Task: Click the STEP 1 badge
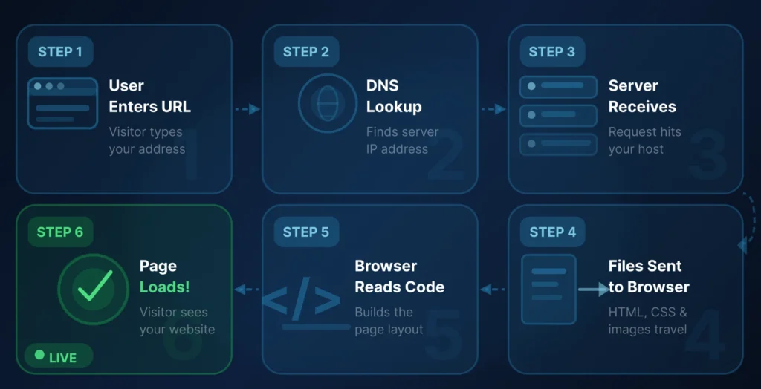click(61, 52)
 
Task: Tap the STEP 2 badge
click(306, 52)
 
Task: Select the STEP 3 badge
click(551, 52)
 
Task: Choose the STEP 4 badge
click(552, 232)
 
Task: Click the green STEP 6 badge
click(60, 232)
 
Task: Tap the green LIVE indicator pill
click(59, 357)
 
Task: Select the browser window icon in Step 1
click(62, 103)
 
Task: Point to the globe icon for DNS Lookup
click(328, 103)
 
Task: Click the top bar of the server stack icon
click(558, 86)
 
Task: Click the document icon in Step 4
click(548, 289)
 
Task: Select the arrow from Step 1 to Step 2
click(247, 109)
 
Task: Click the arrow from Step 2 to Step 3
click(493, 109)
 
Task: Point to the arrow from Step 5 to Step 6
click(247, 289)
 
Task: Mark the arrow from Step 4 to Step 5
click(493, 289)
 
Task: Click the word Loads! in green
click(163, 287)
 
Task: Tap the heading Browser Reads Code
click(399, 276)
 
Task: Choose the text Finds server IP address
click(402, 140)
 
